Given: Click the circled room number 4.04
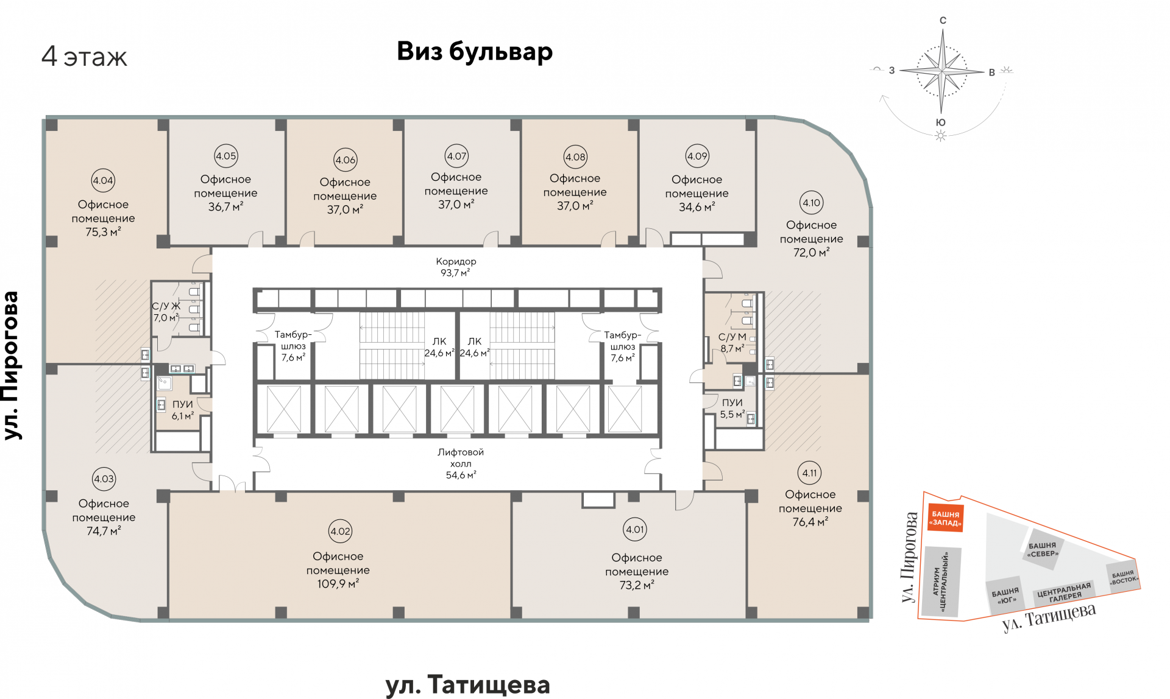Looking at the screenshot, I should point(103,180).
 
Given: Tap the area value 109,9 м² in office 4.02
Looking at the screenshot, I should point(338,584).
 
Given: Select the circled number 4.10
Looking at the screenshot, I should point(811,203).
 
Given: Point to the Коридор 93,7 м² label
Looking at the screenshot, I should point(456,267).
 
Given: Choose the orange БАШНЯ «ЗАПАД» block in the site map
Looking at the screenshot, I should point(945,518).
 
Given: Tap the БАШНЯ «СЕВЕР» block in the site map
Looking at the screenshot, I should point(1043,550).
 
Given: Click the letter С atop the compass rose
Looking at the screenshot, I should point(943,21).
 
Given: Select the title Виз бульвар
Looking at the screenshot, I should point(475,52).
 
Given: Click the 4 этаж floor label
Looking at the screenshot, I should point(84,57).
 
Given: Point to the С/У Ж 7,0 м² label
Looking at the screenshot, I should point(166,312).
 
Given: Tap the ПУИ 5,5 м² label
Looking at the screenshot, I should point(732,409).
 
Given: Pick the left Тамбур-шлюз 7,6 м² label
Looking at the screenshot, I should point(293,346).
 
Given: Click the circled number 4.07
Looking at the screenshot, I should point(456,156).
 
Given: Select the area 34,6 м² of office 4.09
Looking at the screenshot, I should point(697,207).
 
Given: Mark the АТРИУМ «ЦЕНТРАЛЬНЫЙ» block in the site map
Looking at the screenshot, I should point(941,581).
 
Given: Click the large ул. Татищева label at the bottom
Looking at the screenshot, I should point(467,685).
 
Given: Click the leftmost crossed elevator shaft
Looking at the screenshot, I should point(284,409).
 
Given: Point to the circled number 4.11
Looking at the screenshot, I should point(809,472).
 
